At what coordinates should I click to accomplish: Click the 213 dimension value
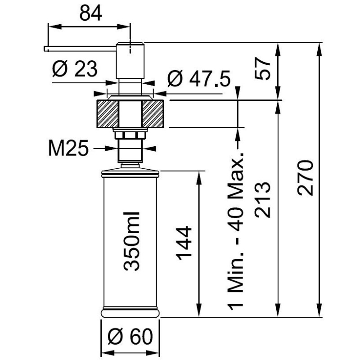tap(264, 200)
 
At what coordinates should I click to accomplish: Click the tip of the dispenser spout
tap(45, 49)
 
